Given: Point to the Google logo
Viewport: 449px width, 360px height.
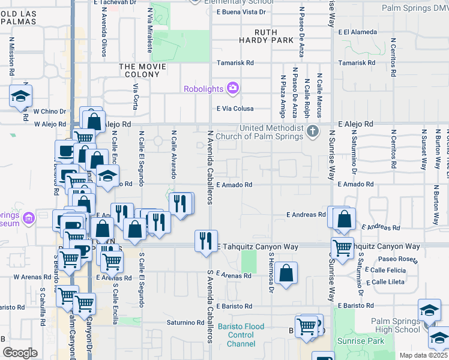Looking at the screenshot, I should (x=20, y=353).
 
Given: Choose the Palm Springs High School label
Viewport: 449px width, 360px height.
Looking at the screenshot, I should (x=396, y=326).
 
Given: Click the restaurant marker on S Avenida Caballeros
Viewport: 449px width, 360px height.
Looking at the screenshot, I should (x=206, y=241).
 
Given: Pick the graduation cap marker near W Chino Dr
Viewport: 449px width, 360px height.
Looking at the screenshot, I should (x=20, y=96).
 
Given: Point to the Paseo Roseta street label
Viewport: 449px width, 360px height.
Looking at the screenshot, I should (x=397, y=259).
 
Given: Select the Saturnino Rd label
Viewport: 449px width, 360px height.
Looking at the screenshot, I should (x=187, y=322).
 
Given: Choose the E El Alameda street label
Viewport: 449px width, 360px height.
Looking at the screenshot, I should (x=357, y=32).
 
